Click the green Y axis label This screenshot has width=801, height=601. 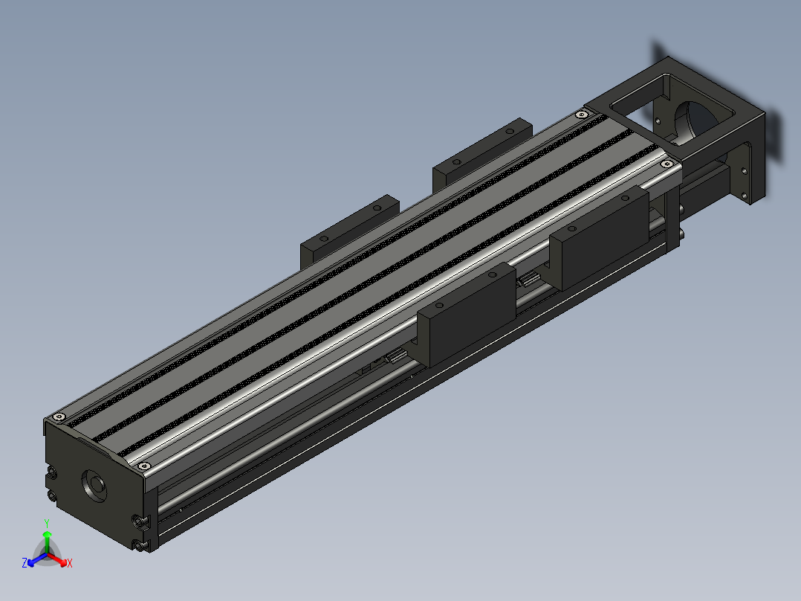(47, 523)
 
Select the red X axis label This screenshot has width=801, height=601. (70, 564)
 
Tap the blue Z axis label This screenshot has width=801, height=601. (25, 563)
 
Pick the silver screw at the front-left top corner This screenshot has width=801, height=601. (59, 417)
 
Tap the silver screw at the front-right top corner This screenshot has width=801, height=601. (144, 466)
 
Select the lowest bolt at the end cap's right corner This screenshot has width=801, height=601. (141, 547)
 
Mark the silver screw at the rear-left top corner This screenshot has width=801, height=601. (581, 115)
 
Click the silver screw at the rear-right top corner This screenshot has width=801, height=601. (666, 162)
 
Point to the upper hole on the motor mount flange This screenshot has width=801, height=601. (744, 170)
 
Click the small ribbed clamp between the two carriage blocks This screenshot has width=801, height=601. (528, 280)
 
